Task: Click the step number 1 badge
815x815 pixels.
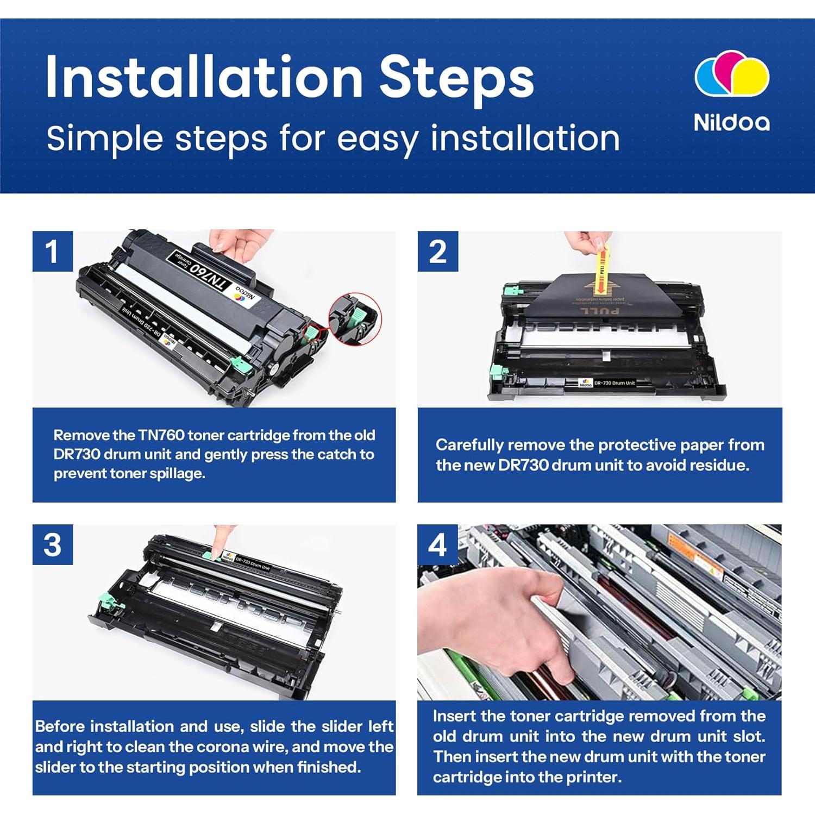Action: point(52,251)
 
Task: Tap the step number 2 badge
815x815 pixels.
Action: point(438,251)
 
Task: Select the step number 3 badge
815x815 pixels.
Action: point(52,544)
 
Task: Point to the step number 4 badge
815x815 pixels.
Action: point(438,544)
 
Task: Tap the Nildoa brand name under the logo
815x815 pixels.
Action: point(732,122)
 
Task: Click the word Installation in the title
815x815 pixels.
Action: point(204,77)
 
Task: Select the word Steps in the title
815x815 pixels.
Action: point(456,77)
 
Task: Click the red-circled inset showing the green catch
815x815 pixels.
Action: point(355,318)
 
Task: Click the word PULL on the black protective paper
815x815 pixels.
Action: point(600,311)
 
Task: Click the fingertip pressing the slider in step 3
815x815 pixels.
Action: point(221,546)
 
